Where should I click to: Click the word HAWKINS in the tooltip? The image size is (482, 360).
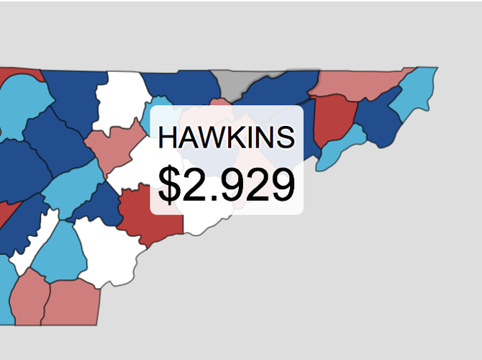[x=226, y=138]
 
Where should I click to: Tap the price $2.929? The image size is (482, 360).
[x=226, y=184]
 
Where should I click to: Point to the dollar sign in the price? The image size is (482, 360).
[x=170, y=184]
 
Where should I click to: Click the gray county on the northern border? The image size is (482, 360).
[x=232, y=84]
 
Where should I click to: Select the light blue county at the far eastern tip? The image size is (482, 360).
[x=417, y=87]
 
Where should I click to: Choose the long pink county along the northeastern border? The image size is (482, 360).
[x=356, y=84]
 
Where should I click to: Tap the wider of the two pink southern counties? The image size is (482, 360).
[x=72, y=302]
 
